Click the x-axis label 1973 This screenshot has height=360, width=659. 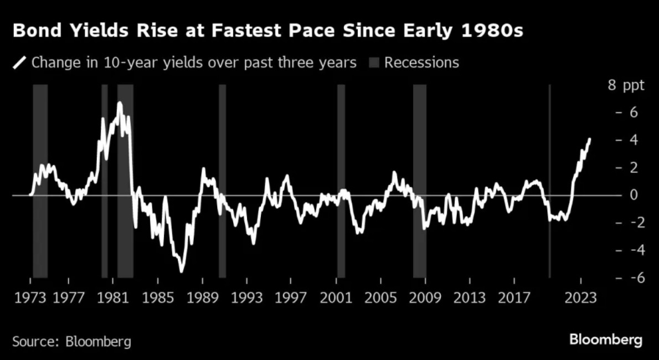30,298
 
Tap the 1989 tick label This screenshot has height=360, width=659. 203,298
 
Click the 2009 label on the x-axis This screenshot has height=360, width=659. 426,298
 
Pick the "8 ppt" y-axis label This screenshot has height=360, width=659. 626,85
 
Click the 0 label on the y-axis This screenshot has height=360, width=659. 634,195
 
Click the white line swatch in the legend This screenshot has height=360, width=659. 20,63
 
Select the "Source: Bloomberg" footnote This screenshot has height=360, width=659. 72,341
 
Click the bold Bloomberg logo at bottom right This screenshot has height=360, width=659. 606,340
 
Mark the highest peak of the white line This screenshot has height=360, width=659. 120,102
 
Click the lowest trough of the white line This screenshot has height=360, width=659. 181,271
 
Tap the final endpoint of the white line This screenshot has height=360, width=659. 590,139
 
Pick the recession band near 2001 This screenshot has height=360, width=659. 341,181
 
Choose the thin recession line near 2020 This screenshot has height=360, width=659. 549,181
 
